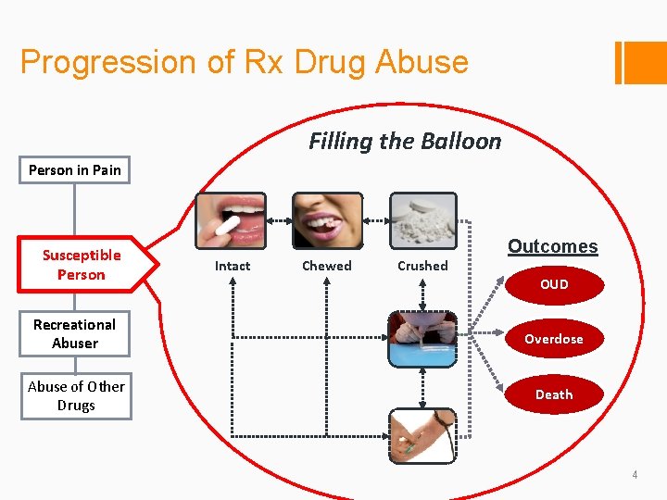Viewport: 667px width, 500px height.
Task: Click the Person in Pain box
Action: click(x=75, y=169)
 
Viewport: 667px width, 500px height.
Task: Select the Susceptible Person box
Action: click(x=82, y=264)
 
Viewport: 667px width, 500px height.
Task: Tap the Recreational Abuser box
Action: click(x=75, y=334)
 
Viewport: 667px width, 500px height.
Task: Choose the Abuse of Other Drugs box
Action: click(x=76, y=396)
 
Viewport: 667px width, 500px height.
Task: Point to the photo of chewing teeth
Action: click(x=327, y=220)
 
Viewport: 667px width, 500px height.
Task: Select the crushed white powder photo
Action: click(x=422, y=220)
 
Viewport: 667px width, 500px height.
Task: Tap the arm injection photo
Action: click(x=422, y=435)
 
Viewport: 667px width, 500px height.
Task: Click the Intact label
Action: click(x=233, y=266)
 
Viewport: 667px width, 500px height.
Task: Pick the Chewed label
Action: click(x=327, y=266)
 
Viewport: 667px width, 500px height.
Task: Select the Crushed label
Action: click(x=422, y=266)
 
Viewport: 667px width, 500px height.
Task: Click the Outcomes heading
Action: click(x=552, y=246)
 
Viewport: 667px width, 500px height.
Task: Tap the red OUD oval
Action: click(x=554, y=284)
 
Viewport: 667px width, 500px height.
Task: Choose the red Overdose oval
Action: click(x=554, y=339)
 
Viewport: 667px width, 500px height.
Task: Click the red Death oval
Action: click(x=554, y=394)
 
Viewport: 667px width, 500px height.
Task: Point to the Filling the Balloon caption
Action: click(x=405, y=142)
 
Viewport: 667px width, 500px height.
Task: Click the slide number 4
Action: click(x=635, y=475)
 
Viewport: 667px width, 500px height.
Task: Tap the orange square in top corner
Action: click(x=646, y=62)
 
